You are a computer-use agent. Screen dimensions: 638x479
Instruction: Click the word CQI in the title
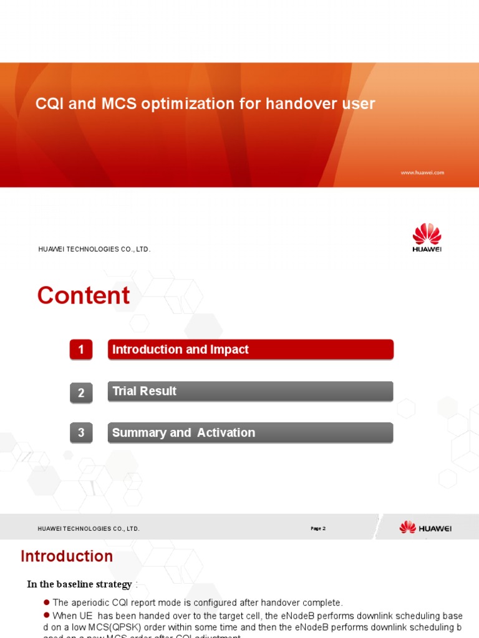[49, 104]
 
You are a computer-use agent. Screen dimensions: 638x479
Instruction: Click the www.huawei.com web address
[422, 173]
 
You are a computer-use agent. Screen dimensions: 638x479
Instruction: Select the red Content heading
[84, 295]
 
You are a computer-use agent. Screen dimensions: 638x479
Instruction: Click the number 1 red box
[81, 350]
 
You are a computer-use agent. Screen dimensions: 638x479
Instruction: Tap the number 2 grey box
[81, 393]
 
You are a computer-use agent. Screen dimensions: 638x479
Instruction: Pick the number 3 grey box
[81, 433]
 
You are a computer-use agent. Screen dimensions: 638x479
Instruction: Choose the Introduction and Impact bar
[250, 350]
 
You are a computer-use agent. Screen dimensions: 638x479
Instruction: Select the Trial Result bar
[250, 391]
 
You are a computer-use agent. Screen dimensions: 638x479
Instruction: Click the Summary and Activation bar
[250, 432]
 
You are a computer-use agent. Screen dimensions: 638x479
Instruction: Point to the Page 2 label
[318, 528]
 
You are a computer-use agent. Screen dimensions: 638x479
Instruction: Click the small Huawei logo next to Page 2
[425, 528]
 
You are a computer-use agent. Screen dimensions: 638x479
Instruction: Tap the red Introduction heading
[67, 556]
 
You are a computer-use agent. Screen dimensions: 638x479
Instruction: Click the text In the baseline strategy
[79, 584]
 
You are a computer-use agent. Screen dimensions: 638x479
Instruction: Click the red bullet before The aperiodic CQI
[46, 602]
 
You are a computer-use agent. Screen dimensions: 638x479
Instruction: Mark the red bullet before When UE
[46, 616]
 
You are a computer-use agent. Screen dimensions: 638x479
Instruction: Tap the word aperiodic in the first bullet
[92, 602]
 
